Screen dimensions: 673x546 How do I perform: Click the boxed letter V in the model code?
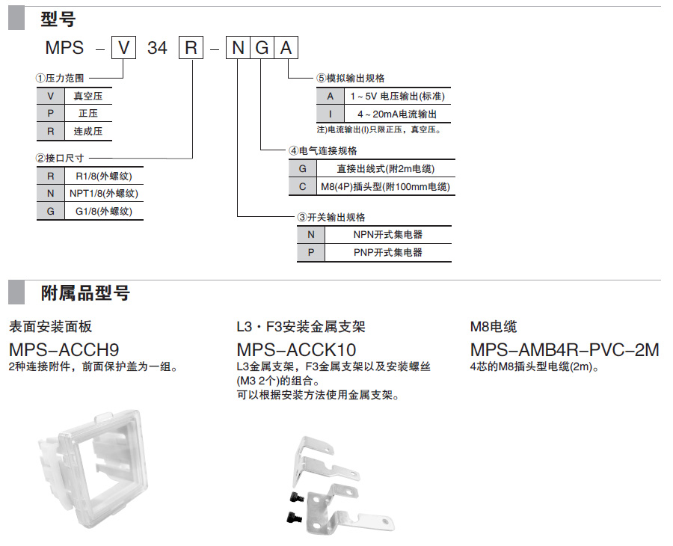[123, 47]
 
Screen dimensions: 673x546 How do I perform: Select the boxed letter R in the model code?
[191, 47]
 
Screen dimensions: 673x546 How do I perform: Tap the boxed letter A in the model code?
[286, 47]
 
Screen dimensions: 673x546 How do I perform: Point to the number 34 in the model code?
[157, 48]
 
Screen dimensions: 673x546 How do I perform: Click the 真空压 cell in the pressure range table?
[88, 96]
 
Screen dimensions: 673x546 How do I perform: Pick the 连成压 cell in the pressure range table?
[88, 132]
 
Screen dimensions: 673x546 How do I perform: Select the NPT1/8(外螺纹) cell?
[104, 194]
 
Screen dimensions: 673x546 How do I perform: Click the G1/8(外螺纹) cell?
[104, 211]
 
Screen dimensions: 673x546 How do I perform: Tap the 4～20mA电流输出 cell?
[397, 114]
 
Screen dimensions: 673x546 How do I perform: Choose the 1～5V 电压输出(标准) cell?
[397, 96]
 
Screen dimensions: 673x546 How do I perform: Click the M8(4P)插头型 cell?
[385, 187]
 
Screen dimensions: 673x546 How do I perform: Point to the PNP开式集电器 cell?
[388, 252]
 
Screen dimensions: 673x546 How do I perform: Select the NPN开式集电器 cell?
[388, 234]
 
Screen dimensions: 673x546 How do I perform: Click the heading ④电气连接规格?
[323, 150]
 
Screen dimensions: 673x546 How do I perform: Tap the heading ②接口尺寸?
[60, 158]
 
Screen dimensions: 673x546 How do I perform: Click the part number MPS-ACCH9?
[64, 350]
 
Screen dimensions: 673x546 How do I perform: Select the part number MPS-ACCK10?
[296, 350]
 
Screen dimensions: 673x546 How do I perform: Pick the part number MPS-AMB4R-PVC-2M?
[565, 350]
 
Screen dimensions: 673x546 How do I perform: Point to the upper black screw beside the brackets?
[297, 497]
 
